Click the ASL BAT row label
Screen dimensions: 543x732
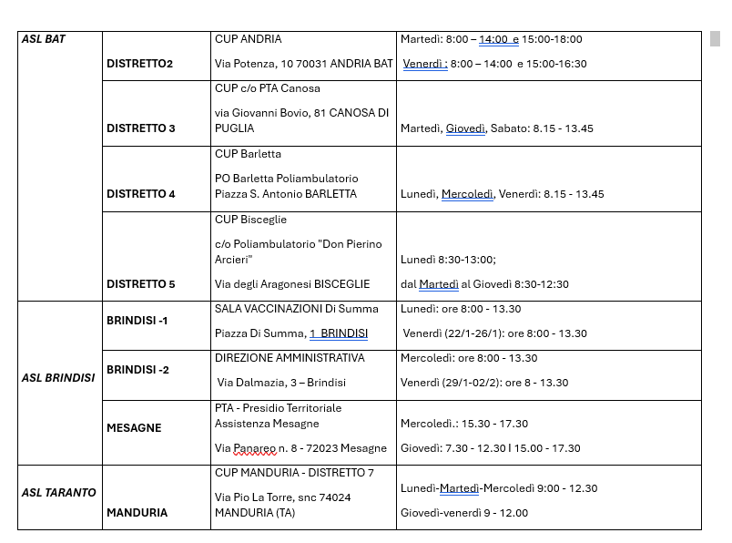tap(43, 39)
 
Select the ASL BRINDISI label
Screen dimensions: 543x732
tap(58, 377)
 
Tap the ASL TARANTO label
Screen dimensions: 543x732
tap(58, 493)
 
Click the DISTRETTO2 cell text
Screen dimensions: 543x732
tap(139, 64)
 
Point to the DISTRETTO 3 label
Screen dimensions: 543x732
tap(141, 128)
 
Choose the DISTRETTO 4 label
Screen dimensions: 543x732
tap(141, 194)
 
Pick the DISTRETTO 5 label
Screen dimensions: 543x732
tap(141, 284)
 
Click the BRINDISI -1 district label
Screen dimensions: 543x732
tap(137, 321)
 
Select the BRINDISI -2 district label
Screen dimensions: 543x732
tap(137, 370)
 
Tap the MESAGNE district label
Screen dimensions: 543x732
tap(134, 428)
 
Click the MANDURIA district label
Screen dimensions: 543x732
tap(137, 513)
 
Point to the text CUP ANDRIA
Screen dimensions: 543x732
tap(248, 39)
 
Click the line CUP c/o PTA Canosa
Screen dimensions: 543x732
tap(267, 88)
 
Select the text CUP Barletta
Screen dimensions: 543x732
tap(248, 154)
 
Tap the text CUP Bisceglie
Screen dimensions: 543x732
tap(250, 220)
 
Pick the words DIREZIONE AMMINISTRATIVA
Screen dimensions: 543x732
tap(290, 358)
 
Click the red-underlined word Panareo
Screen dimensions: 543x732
tap(254, 448)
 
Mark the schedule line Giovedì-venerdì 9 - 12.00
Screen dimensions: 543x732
tap(463, 513)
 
